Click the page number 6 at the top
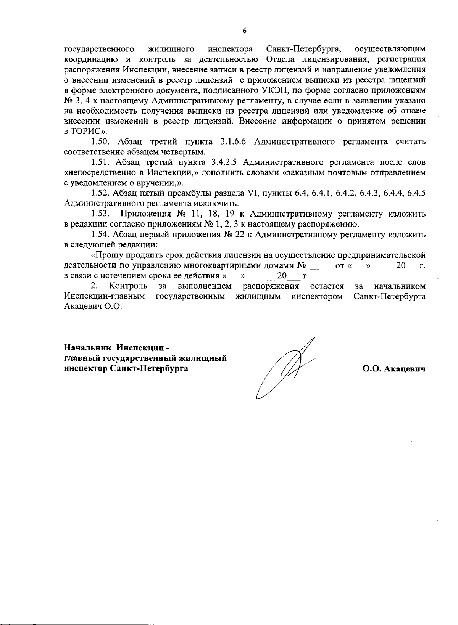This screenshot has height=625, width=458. tap(244, 31)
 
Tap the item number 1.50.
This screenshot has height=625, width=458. tap(101, 142)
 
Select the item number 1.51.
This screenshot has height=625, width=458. tap(100, 162)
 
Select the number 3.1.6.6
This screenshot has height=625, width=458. tap(234, 142)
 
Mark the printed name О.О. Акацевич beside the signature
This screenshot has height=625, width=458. tap(394, 369)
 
